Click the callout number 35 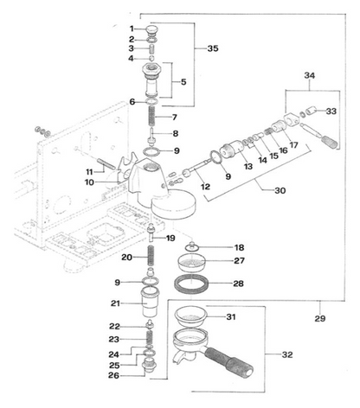coord(213,48)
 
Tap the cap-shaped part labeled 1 coord(152,29)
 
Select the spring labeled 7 coord(152,116)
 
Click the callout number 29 coord(320,318)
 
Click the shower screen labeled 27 coord(191,263)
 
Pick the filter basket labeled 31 coord(190,316)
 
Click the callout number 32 coord(287,354)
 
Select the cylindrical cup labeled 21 coord(150,303)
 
